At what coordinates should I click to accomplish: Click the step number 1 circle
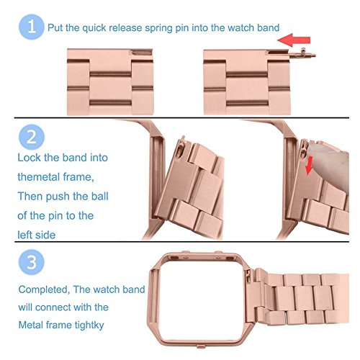pos(32,27)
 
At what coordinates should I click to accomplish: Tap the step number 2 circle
pos(32,137)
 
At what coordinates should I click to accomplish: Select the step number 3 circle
pos(32,262)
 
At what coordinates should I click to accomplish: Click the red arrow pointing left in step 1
pos(294,40)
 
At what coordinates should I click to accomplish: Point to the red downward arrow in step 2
pos(309,166)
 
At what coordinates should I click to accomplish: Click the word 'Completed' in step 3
pos(44,289)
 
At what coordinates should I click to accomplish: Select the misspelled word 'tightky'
pos(89,325)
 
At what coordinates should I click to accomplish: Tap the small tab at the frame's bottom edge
pos(201,346)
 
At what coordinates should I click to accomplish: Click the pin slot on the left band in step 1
pos(142,53)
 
